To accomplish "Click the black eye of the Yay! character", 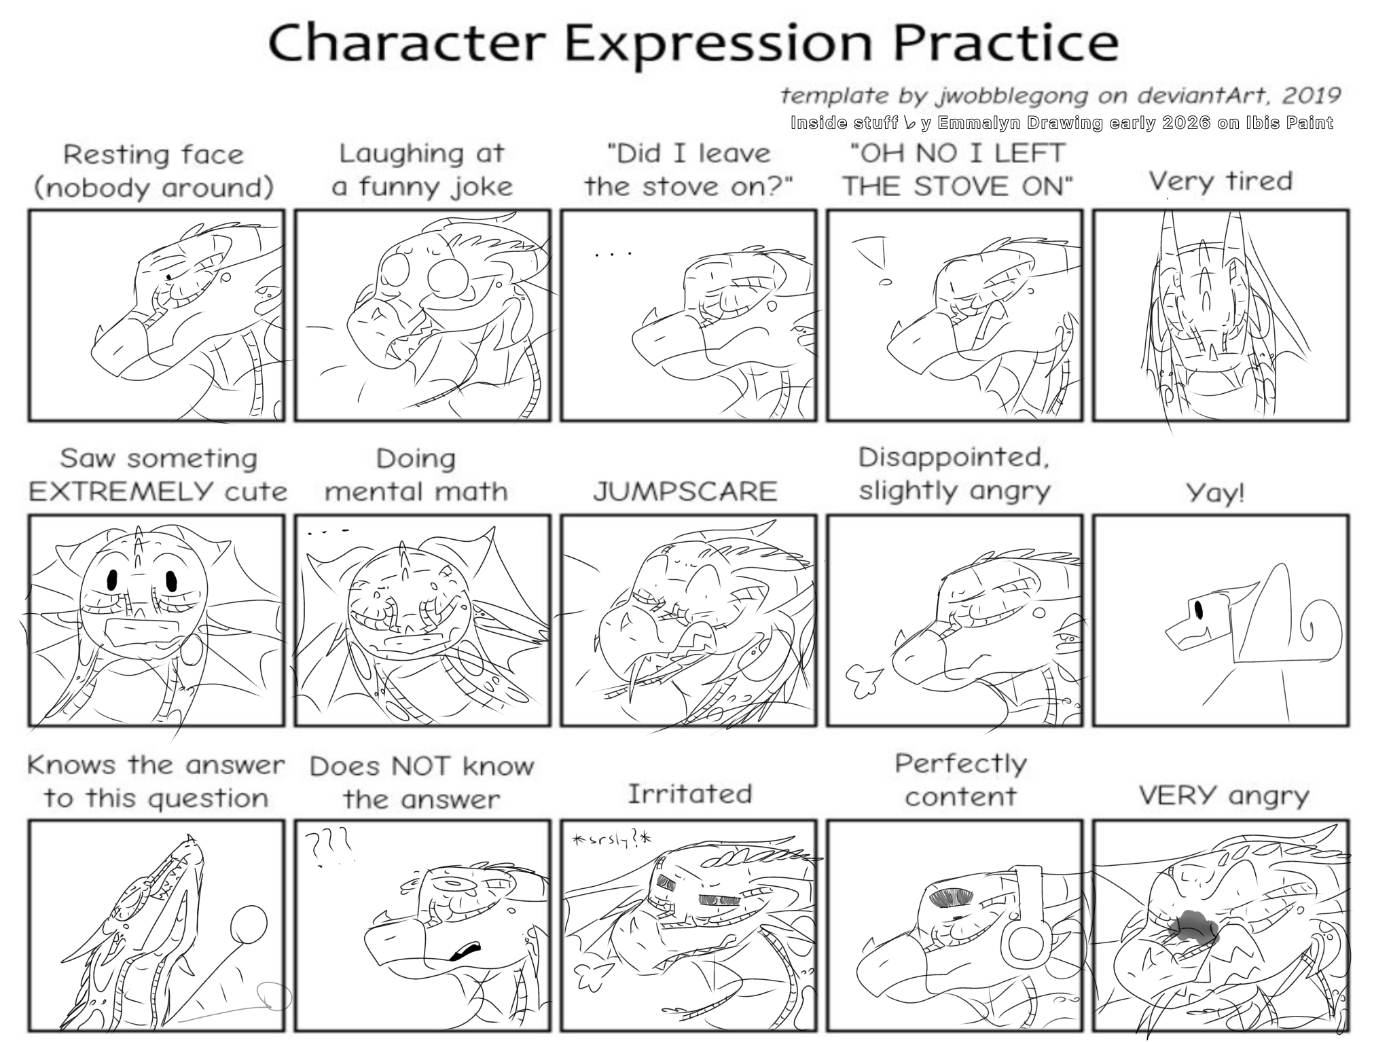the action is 1198,609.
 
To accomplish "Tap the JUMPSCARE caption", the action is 685,491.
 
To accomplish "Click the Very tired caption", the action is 1220,181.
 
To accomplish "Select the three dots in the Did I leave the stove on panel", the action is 613,255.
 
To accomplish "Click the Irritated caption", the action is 689,794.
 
